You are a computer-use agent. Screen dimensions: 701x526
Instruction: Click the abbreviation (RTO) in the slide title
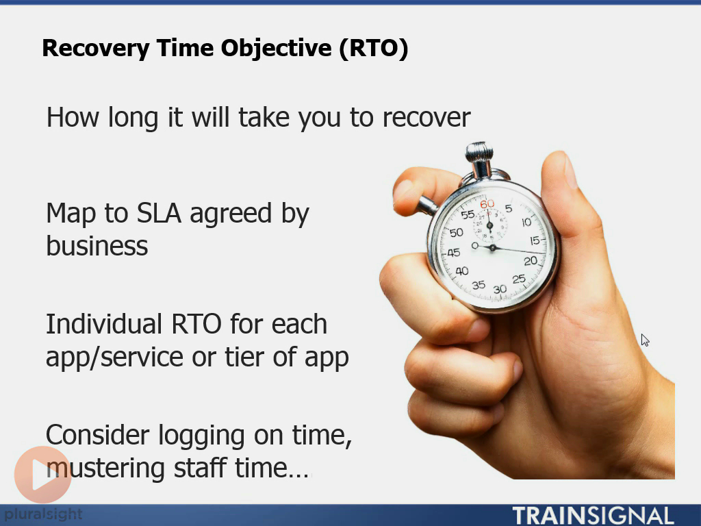coord(374,48)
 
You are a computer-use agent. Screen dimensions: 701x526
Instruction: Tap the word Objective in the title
coord(277,49)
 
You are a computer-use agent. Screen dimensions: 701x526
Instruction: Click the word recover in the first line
coord(426,118)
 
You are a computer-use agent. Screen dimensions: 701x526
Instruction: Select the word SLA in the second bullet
coord(159,213)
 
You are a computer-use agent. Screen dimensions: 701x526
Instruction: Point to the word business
coord(97,246)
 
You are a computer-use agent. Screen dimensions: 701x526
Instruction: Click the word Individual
coord(104,323)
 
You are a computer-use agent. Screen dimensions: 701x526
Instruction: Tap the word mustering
coord(106,468)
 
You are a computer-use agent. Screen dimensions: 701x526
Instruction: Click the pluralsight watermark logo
coord(43,514)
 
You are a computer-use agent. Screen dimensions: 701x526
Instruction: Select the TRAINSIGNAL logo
coord(593,516)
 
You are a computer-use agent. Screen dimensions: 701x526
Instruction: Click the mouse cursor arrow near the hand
coord(645,340)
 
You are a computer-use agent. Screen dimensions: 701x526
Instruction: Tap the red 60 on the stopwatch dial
coord(487,204)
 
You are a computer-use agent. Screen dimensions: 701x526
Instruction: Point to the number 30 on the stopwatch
coord(500,290)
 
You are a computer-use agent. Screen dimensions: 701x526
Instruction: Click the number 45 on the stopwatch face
coord(453,253)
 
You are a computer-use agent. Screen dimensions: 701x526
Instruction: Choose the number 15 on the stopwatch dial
coord(535,240)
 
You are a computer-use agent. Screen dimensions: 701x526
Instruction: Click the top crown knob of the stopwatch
coord(479,153)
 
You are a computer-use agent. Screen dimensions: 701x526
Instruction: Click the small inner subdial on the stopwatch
coord(490,225)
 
